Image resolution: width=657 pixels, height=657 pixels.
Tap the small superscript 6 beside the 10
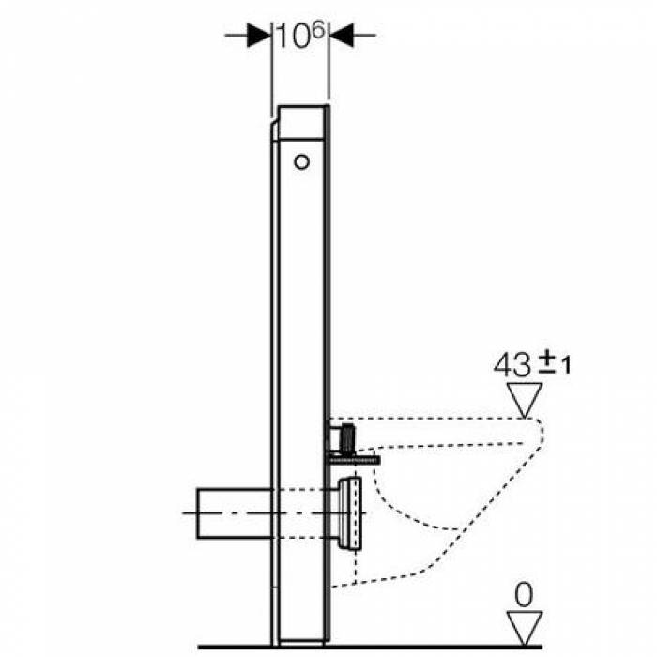point(319,30)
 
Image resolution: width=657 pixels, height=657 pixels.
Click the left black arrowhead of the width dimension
point(259,36)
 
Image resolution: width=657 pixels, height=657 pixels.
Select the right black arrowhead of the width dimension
point(341,36)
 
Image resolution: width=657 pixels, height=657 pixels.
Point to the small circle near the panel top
point(301,161)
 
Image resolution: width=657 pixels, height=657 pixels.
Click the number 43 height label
point(512,365)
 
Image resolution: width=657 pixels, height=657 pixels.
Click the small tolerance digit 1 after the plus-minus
point(566,365)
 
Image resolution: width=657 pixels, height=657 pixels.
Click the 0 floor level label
point(524,595)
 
